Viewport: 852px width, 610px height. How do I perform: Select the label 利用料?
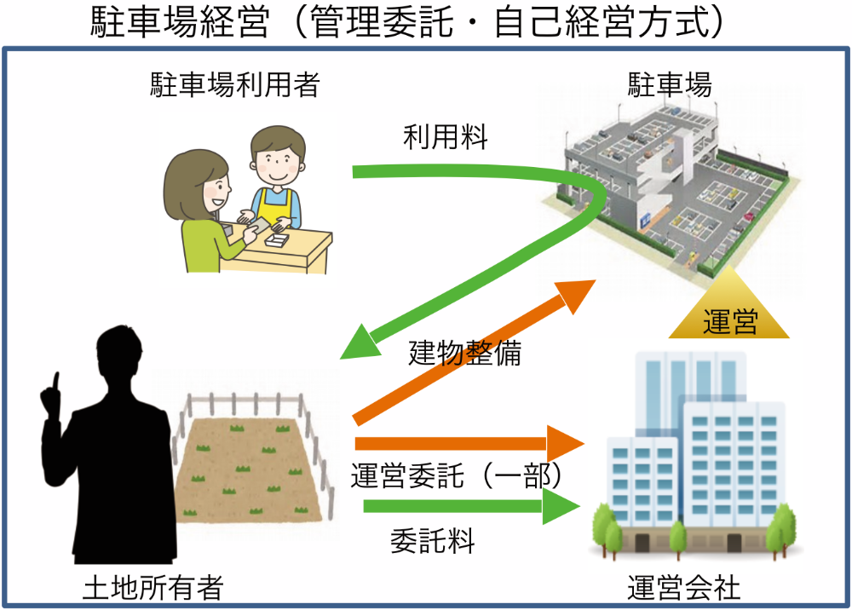pyautogui.click(x=446, y=137)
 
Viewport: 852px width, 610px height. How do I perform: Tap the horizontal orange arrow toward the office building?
pyautogui.click(x=469, y=443)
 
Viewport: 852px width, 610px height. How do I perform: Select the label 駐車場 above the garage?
pyautogui.click(x=670, y=84)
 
